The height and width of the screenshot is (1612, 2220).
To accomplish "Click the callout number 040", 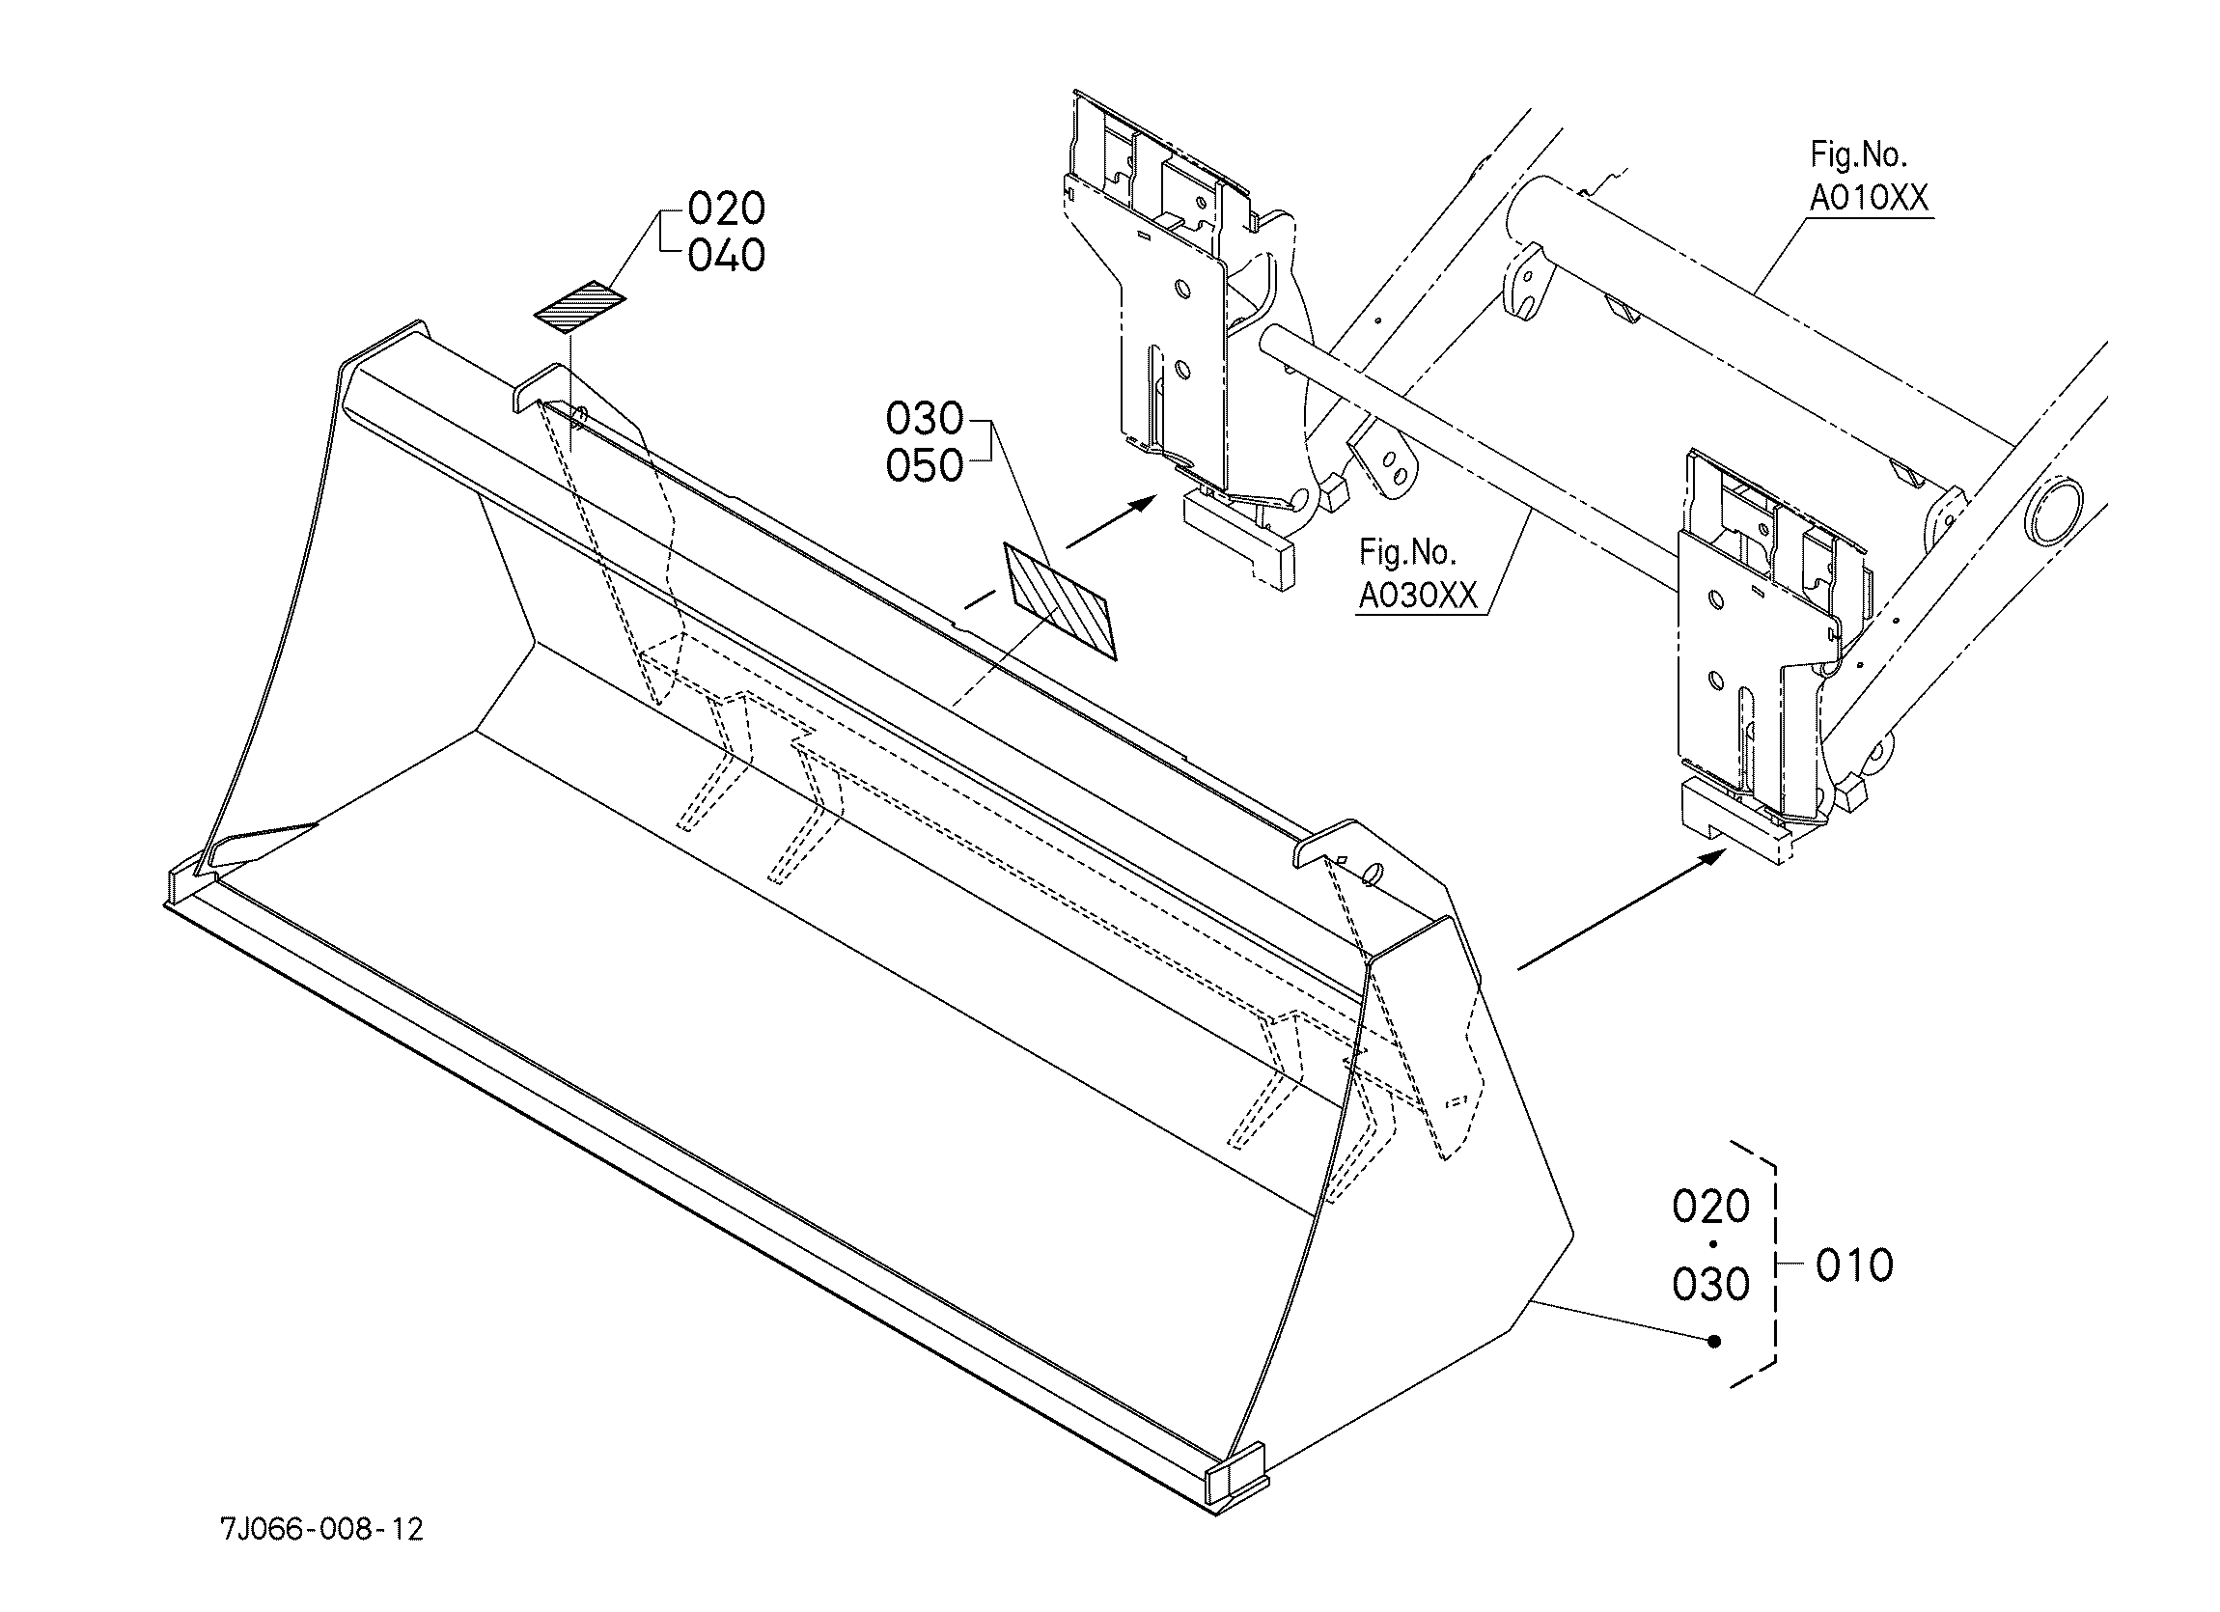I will click(726, 257).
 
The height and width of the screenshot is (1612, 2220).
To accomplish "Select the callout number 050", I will click(924, 466).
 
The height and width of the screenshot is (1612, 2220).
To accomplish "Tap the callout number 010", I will click(1854, 1265).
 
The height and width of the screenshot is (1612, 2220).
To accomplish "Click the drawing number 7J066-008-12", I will click(322, 1529).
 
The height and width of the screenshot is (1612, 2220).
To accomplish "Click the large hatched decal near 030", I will click(1060, 601).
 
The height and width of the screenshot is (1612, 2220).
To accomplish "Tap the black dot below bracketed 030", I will click(1713, 1342).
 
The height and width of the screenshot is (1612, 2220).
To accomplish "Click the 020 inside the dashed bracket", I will click(1711, 1207).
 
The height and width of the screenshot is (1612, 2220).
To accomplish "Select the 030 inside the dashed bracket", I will click(1711, 1284).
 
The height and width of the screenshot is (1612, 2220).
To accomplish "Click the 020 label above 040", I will click(726, 208).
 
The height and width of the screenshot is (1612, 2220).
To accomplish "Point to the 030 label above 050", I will click(924, 419).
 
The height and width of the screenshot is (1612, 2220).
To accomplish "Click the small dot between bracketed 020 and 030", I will click(1712, 1245).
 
